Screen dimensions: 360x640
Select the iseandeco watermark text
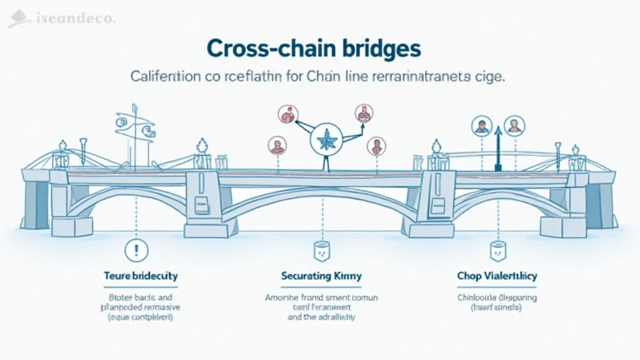69,19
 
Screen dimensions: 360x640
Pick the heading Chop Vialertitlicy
497,276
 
